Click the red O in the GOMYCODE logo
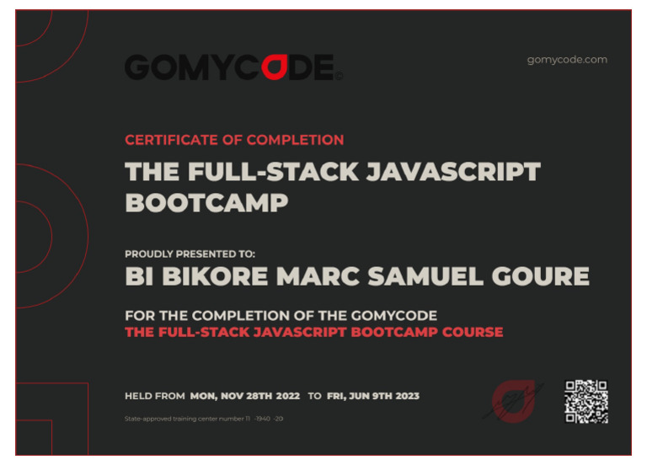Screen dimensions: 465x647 point(271,67)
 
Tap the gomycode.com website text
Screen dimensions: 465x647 point(567,59)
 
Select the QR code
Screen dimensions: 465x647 point(586,401)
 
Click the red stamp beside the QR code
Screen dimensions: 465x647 point(513,400)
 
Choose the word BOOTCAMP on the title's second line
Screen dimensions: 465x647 point(206,202)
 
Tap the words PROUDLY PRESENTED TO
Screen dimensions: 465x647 point(190,254)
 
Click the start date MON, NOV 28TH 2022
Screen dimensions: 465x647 point(245,396)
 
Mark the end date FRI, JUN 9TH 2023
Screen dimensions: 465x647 point(372,396)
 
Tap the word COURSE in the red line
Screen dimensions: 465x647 point(471,332)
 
